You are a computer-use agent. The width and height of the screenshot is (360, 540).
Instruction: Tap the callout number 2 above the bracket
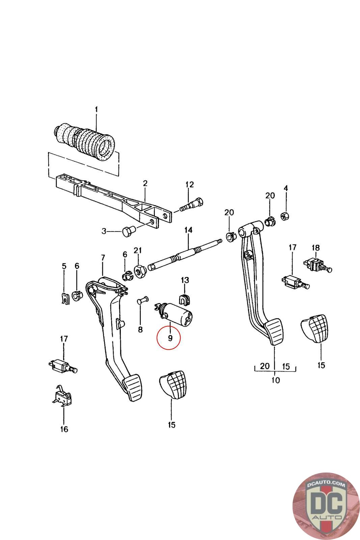145,183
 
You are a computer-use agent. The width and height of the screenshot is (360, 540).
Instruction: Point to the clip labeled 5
64,298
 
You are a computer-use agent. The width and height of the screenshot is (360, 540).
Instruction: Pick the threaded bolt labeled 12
192,205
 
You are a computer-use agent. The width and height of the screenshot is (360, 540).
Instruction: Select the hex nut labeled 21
139,272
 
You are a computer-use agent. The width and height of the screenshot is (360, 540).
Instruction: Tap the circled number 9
170,338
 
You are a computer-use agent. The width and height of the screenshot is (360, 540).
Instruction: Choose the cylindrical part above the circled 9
174,316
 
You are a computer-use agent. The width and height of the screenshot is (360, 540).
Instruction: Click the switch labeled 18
317,265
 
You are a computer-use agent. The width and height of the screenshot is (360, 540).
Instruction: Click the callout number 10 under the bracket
275,380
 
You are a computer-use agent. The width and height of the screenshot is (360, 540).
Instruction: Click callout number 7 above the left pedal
103,258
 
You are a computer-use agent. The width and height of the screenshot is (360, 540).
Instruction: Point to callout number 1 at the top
96,110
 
